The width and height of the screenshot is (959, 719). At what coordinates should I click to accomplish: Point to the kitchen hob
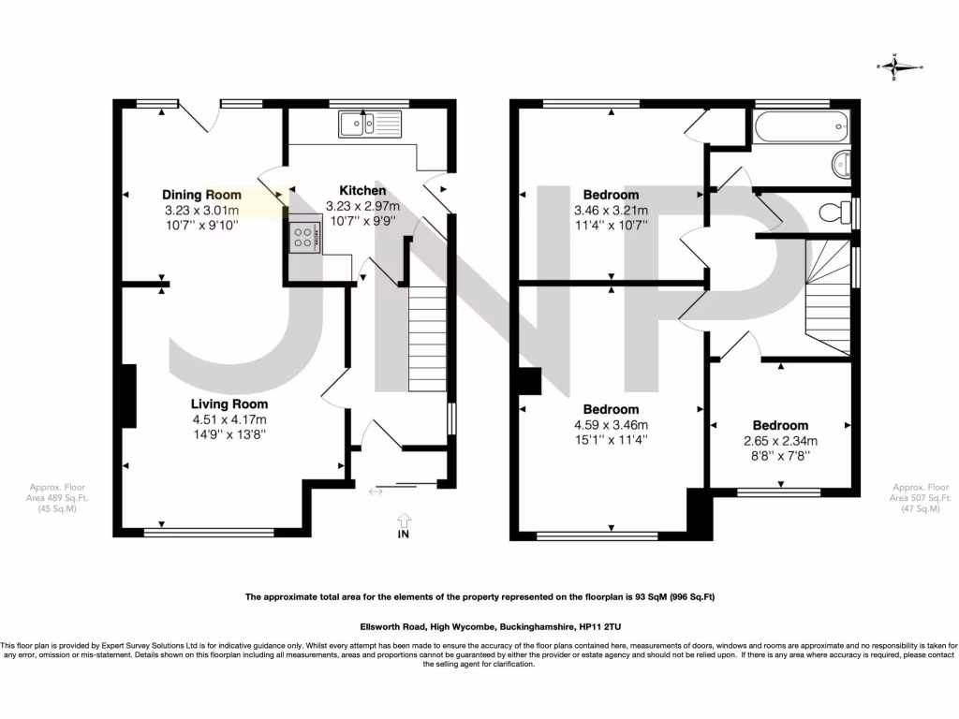tap(304, 236)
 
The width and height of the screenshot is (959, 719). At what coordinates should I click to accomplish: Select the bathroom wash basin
tap(840, 164)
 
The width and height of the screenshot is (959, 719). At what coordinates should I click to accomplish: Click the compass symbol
tap(895, 66)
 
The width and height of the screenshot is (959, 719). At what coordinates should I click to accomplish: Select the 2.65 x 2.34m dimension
tap(781, 442)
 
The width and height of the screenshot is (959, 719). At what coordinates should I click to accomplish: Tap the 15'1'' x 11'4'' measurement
tap(611, 439)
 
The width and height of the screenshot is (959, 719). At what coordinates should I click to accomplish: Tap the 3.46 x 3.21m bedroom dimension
tap(611, 211)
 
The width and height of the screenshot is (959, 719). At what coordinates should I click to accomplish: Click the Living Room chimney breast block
tap(127, 394)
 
